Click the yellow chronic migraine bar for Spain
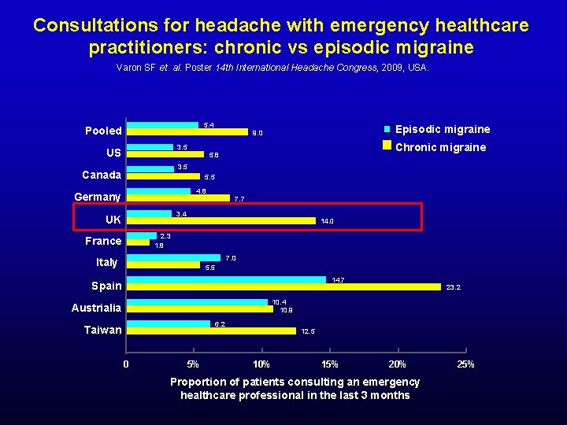click(x=283, y=287)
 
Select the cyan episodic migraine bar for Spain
click(x=226, y=279)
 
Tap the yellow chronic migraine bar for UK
click(x=220, y=221)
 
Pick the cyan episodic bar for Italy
click(x=173, y=257)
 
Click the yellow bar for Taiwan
click(x=211, y=331)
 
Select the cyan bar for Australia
click(x=197, y=301)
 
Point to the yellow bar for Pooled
click(x=187, y=132)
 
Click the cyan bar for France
click(x=142, y=236)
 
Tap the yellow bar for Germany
click(x=179, y=198)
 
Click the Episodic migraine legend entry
click(x=442, y=129)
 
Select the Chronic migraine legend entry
click(x=439, y=147)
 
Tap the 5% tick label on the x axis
click(x=193, y=364)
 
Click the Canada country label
click(x=102, y=175)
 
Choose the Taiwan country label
click(x=103, y=330)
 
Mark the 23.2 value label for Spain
click(x=454, y=288)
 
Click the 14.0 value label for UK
click(x=328, y=222)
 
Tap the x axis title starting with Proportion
click(x=295, y=388)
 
